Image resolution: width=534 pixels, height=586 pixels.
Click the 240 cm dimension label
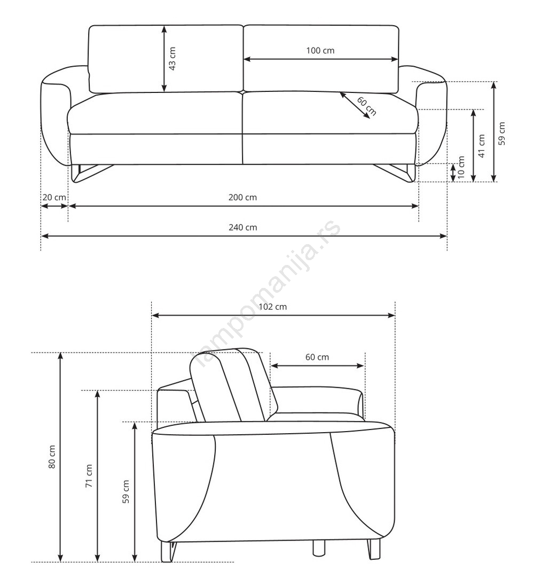tap(242, 227)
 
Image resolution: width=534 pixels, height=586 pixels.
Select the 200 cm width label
tap(242, 197)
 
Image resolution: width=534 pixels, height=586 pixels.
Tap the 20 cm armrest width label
tap(54, 197)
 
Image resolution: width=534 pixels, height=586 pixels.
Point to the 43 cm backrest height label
tap(172, 59)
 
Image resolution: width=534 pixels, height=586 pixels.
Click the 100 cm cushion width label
tap(320, 50)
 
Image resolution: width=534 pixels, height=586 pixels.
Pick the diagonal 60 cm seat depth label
tap(366, 106)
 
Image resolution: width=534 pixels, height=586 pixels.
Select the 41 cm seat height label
tap(482, 146)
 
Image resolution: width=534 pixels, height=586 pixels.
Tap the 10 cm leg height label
tap(461, 168)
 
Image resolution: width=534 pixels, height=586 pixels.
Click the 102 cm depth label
tap(273, 307)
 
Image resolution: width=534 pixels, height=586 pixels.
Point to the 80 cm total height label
tap(52, 457)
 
